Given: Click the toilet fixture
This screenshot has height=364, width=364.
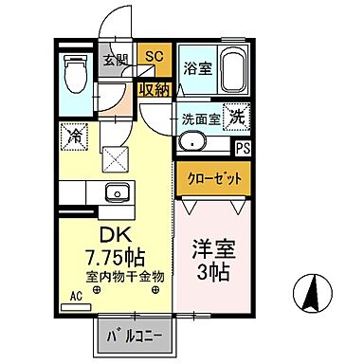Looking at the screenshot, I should [x=73, y=71].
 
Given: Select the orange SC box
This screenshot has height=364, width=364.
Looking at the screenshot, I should [x=152, y=56].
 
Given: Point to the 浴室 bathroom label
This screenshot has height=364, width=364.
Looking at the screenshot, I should [x=197, y=68].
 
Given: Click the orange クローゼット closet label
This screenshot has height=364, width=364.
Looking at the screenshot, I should [x=207, y=178].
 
